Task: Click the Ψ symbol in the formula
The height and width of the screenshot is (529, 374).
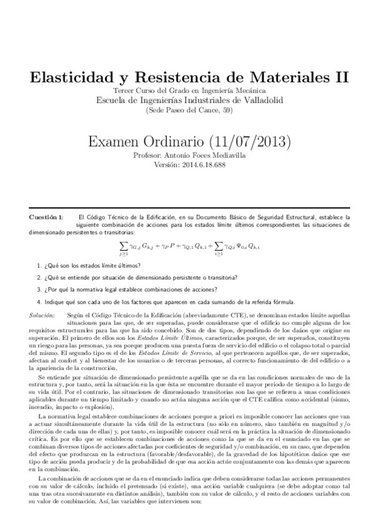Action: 243,248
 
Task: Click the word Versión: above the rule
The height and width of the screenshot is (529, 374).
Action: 165,165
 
